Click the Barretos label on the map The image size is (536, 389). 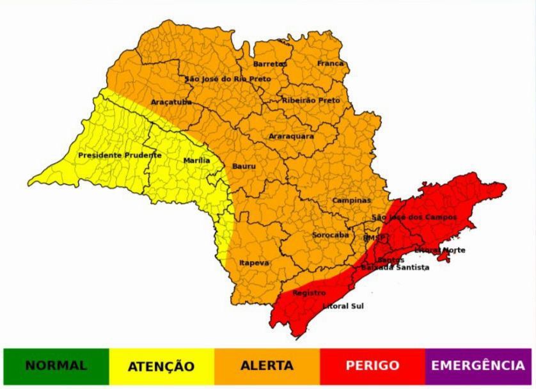coord(270,64)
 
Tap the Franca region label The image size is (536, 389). coord(330,64)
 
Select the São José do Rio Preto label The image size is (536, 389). coord(228,79)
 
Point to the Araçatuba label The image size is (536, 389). coord(171,102)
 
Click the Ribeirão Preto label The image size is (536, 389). coord(311,100)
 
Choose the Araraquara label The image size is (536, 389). coord(291,136)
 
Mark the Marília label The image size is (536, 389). coord(196,161)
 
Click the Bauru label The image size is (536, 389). coord(244,166)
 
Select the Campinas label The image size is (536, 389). coord(351,200)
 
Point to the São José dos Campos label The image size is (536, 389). coord(414,218)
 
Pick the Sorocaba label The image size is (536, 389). coord(330,235)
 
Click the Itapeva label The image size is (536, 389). coord(254,263)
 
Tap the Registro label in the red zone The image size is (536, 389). coord(309,293)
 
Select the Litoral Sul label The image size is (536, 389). coord(343,306)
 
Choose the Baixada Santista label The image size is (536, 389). coord(395,267)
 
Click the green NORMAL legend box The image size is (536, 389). coord(56,366)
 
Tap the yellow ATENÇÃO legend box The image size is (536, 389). coord(161,366)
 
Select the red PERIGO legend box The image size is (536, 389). coord(372,366)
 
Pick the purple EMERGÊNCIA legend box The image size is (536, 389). coord(478,366)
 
